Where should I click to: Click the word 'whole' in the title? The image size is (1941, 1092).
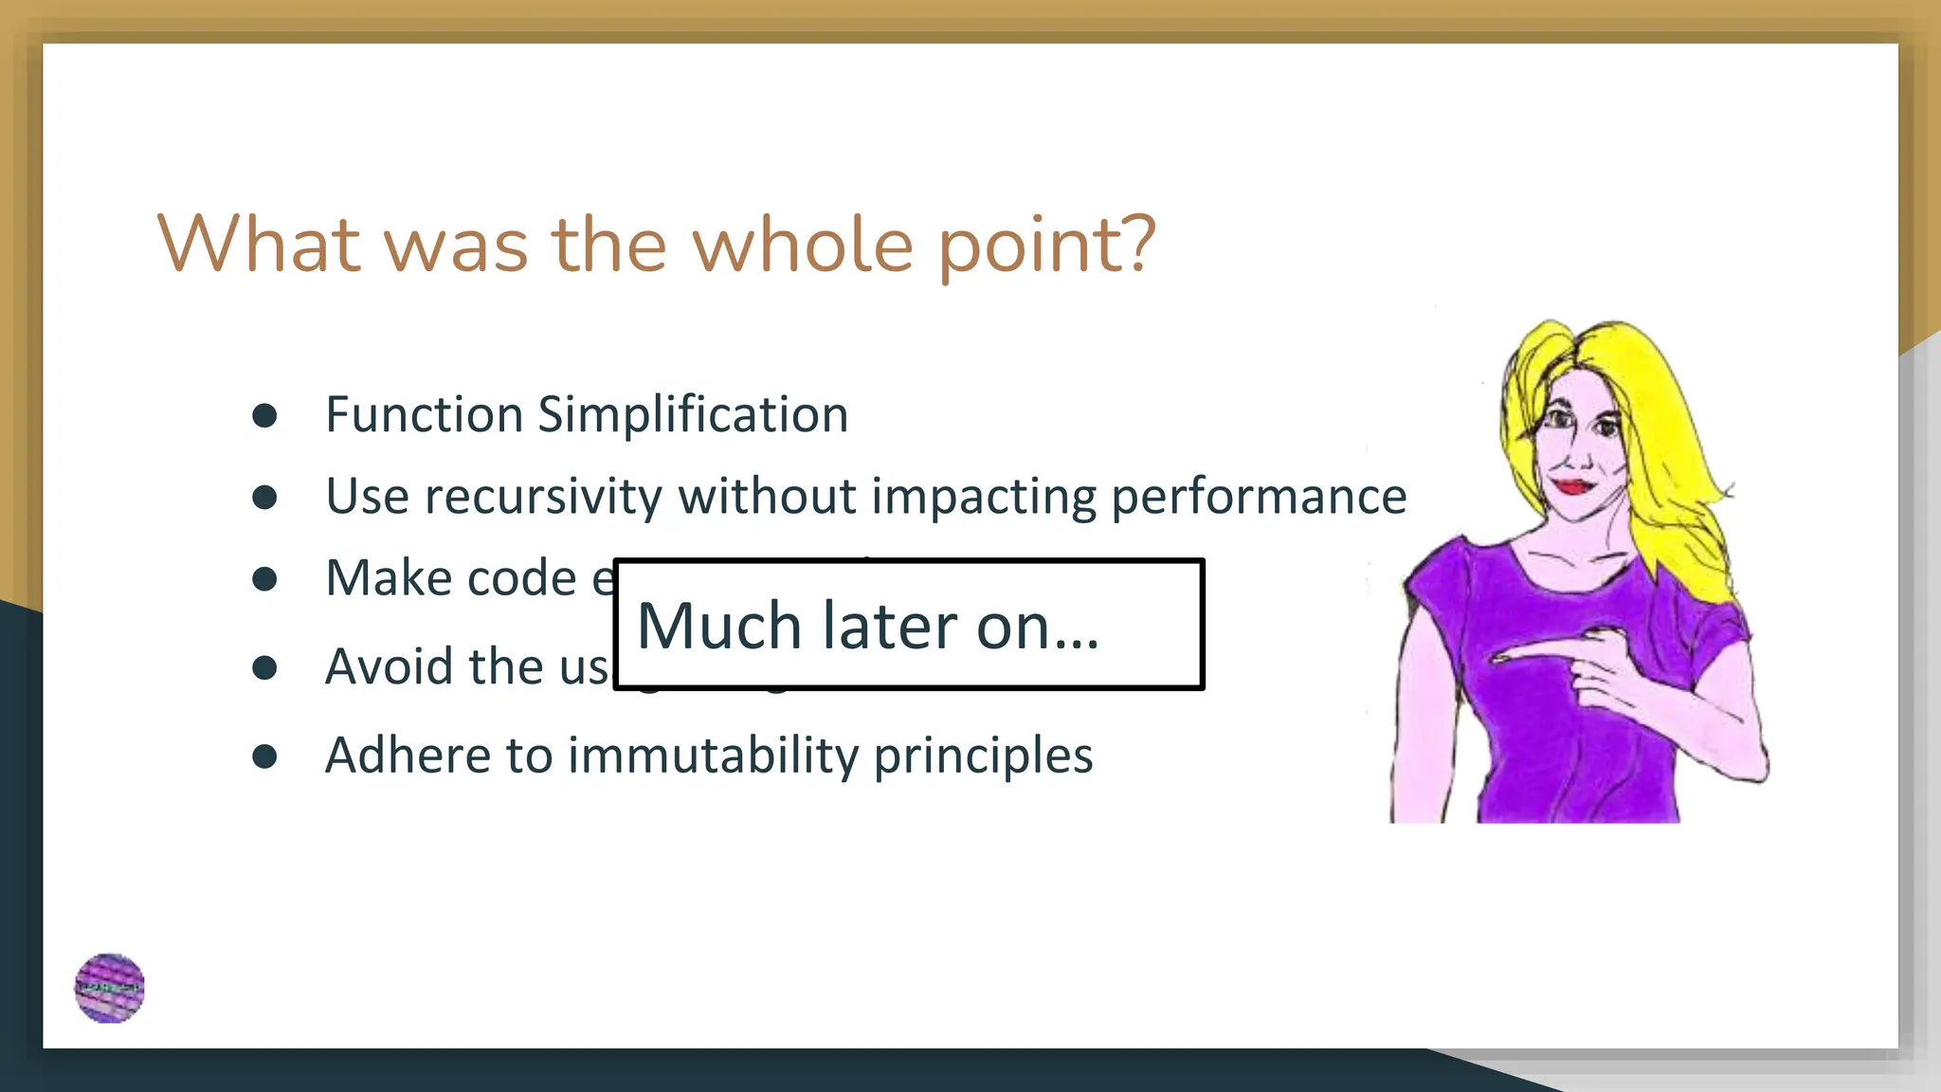point(803,245)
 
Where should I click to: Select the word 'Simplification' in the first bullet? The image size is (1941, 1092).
point(693,415)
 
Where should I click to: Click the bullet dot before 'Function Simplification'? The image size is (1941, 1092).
point(264,416)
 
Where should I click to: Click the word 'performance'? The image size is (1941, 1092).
point(1259,497)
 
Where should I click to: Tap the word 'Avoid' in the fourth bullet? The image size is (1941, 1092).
point(390,666)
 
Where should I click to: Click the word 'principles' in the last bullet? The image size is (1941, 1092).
point(983,755)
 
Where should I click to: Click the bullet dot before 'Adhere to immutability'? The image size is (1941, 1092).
point(264,756)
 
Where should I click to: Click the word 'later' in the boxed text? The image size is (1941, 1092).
point(890,627)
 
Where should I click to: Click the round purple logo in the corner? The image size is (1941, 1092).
point(110,988)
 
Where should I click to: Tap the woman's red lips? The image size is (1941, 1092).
point(1572,486)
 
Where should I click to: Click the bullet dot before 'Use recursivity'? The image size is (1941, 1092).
point(264,498)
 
